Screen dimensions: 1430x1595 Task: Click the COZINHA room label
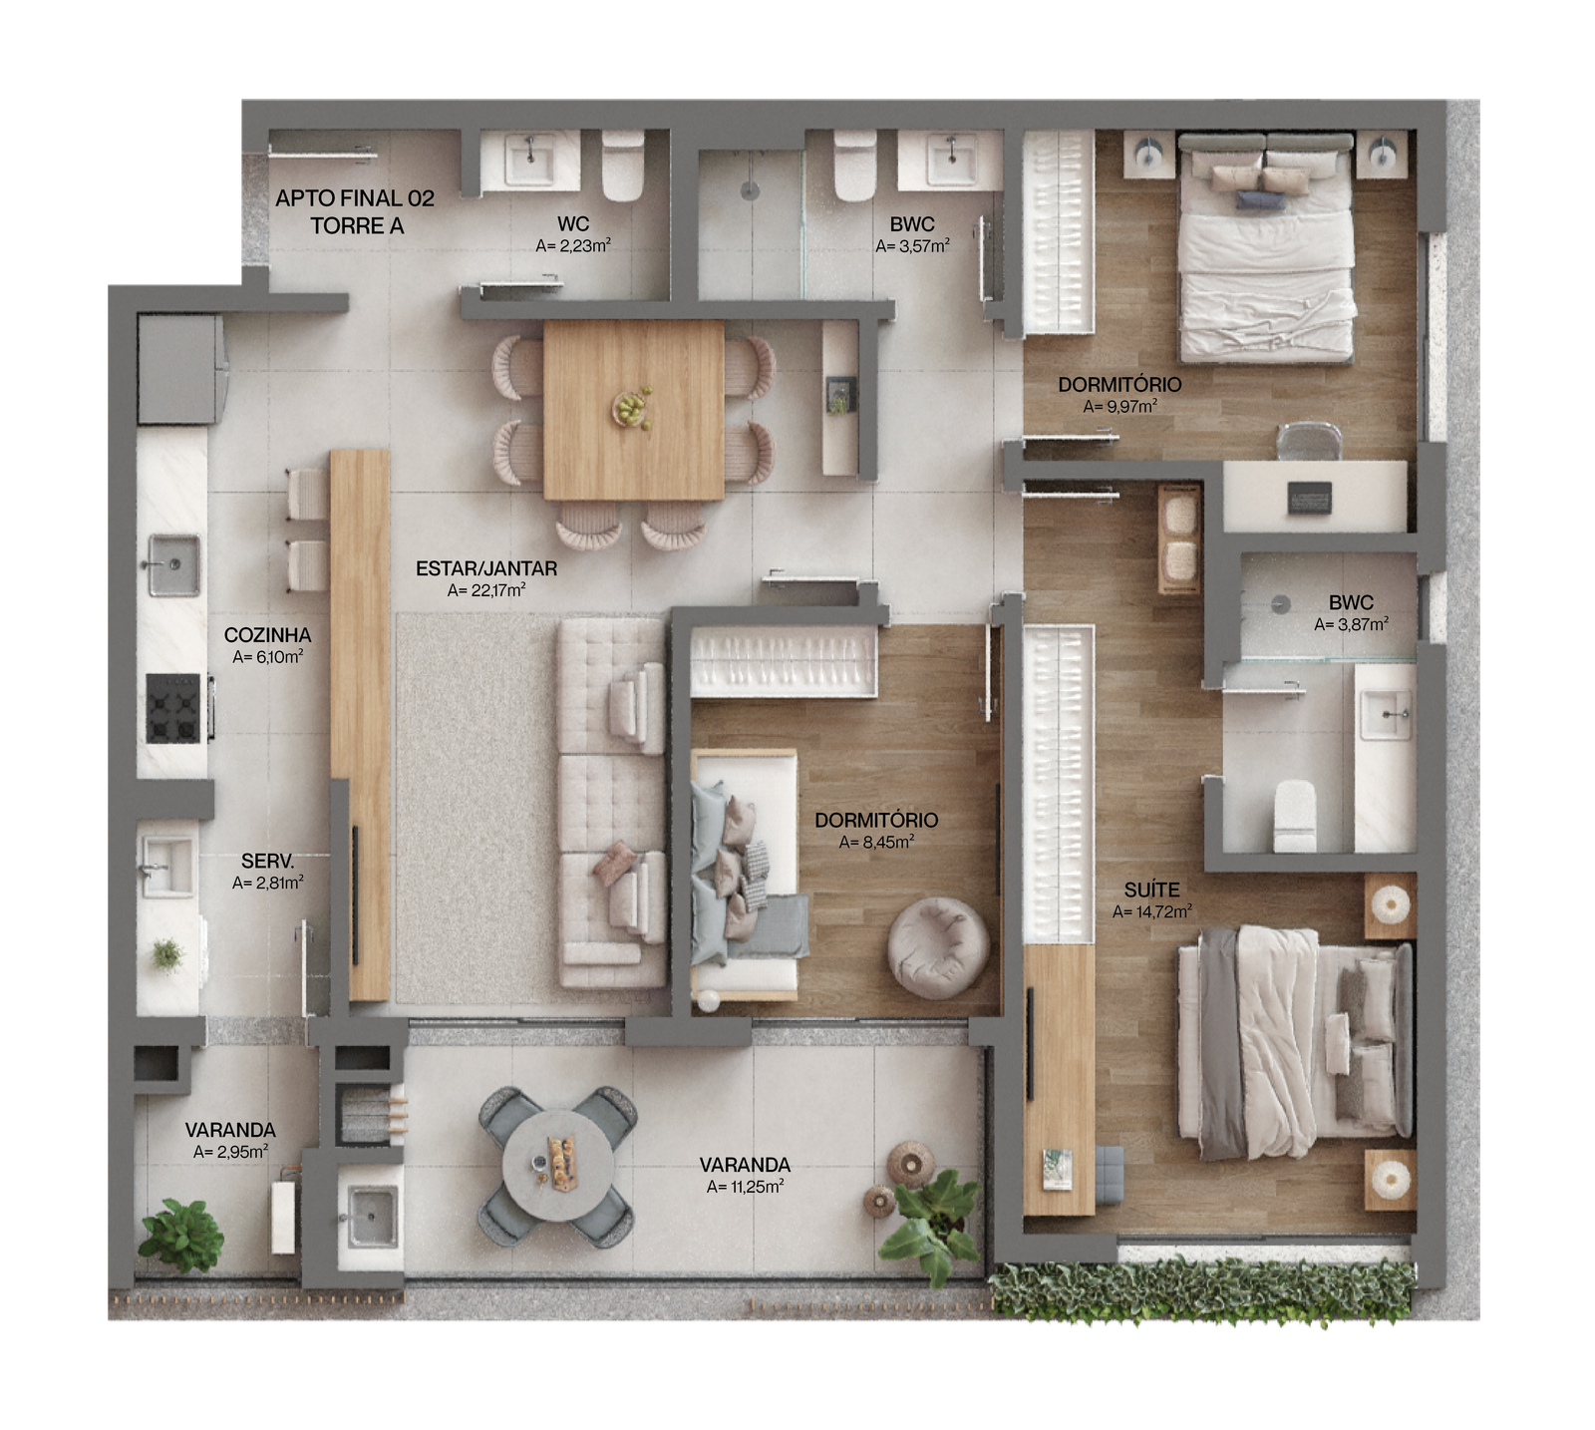267,635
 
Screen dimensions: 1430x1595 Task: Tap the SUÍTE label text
1151,890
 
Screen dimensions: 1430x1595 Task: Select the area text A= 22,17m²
486,590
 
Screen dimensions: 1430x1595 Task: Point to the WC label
573,224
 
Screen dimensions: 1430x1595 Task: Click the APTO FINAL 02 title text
355,198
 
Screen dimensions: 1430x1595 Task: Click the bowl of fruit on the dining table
632,408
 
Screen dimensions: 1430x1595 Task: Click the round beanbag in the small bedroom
938,947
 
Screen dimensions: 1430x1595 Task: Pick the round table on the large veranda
557,1166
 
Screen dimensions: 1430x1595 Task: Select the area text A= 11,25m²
744,1187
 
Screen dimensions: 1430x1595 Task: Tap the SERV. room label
267,861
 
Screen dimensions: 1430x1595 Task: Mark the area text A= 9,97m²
1119,406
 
